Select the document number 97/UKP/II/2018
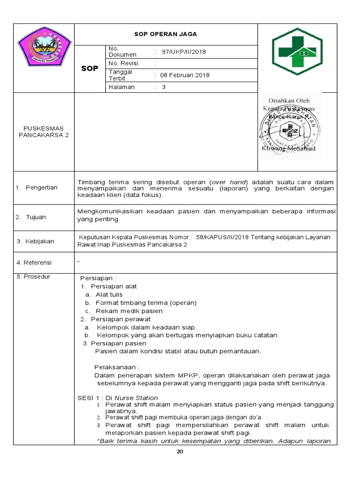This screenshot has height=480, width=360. (x=183, y=52)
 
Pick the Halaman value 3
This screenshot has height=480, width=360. (x=164, y=87)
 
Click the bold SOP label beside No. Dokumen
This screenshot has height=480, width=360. (x=90, y=68)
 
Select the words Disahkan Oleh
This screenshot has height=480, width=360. (x=288, y=100)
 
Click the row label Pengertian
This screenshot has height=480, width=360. (x=41, y=187)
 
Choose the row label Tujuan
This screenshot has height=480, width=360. (x=36, y=217)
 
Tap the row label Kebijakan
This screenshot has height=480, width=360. (x=39, y=241)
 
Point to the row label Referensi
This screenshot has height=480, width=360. (x=38, y=262)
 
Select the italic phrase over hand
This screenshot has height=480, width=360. (x=229, y=181)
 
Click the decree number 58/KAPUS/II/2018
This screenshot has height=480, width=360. (x=221, y=237)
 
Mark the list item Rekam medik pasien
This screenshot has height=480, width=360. (x=129, y=311)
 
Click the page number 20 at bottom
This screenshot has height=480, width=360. (x=180, y=451)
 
